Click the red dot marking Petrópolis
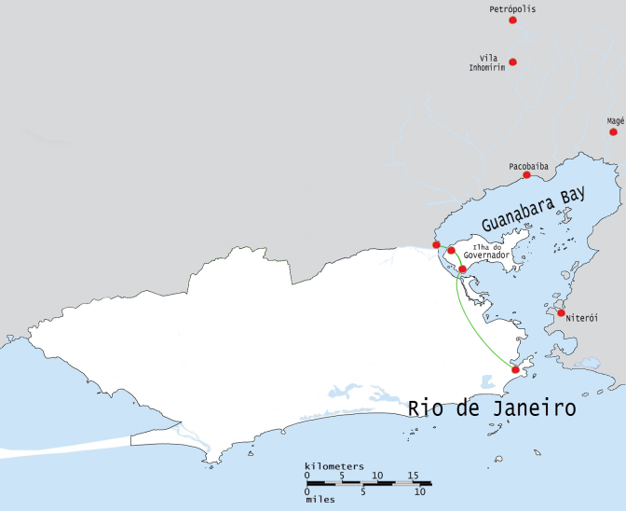(512, 20)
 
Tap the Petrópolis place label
(512, 8)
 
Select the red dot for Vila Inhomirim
(512, 62)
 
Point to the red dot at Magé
(613, 131)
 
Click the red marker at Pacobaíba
(526, 175)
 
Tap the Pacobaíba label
(528, 166)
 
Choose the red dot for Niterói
(561, 312)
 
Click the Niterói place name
(581, 318)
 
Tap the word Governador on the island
(485, 255)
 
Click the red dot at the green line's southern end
(516, 370)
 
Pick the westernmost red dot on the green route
(436, 244)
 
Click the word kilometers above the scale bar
(333, 465)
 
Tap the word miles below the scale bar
(320, 499)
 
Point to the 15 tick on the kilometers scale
(413, 476)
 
